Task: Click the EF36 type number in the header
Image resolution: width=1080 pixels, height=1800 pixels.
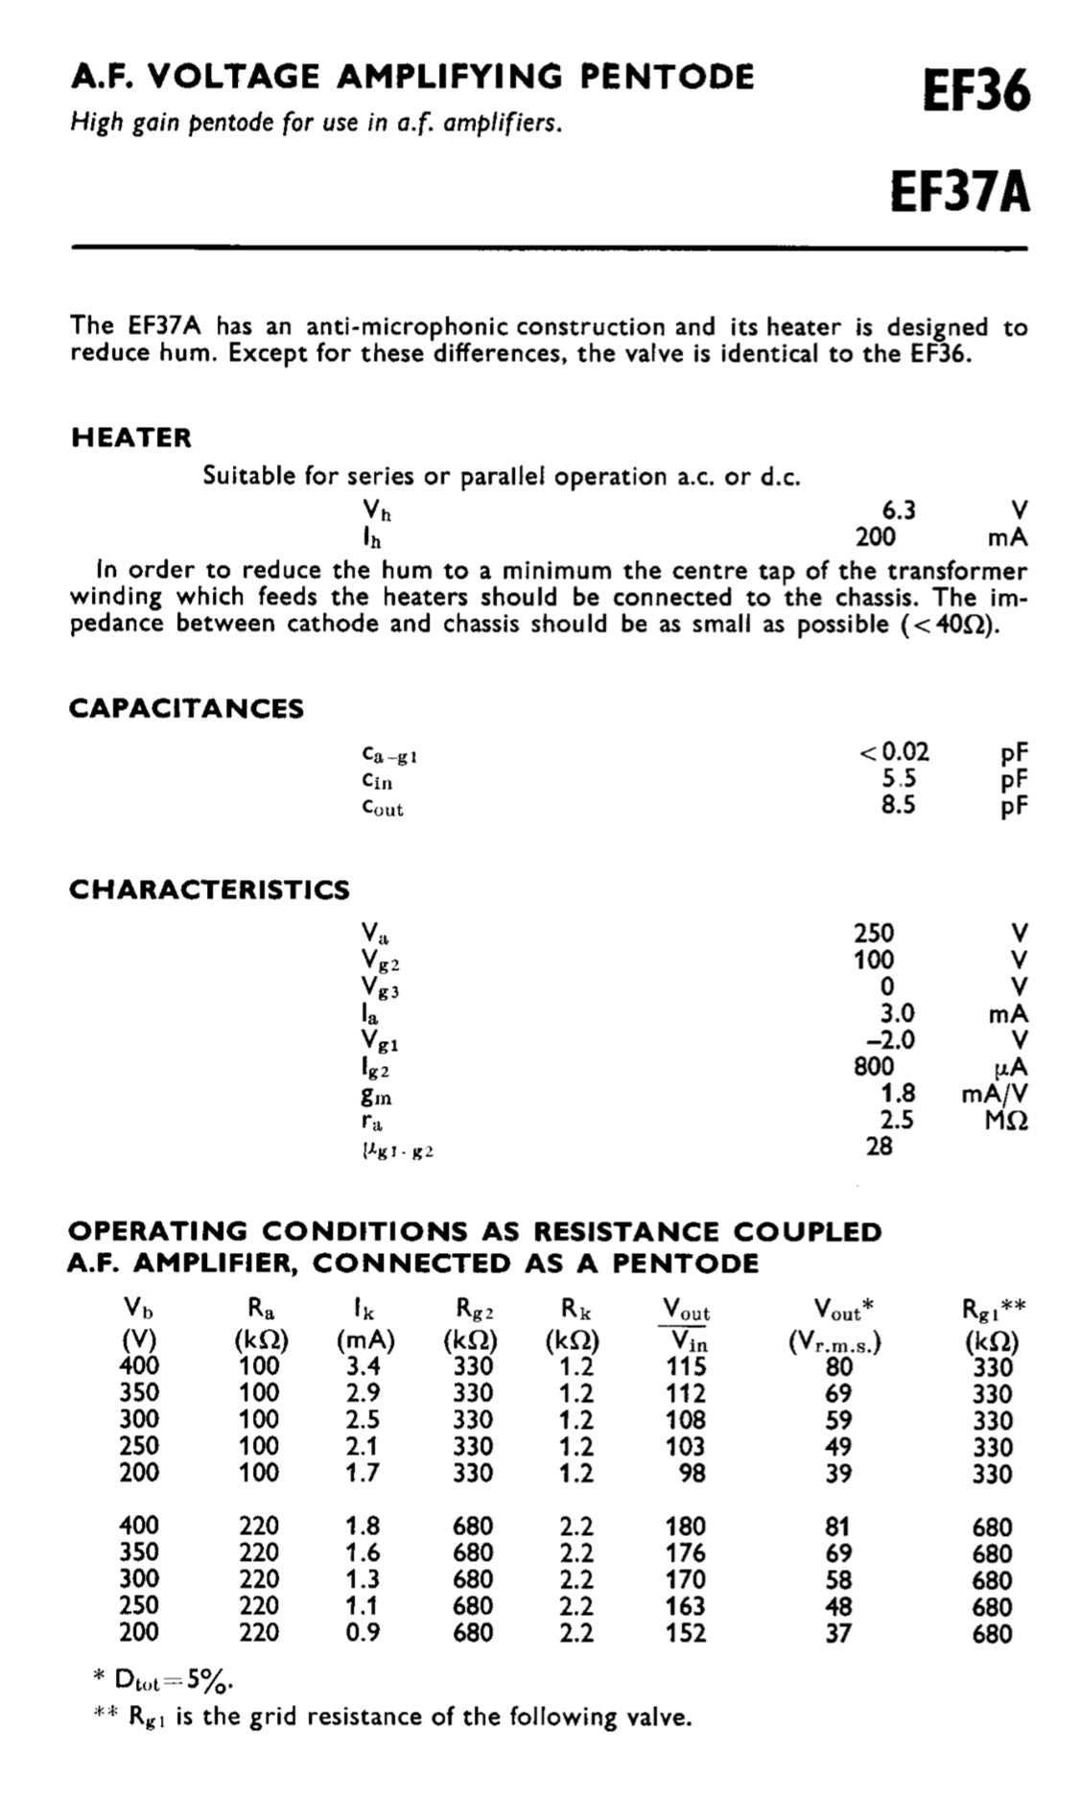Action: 976,93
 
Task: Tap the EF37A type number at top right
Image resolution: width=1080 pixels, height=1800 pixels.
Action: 960,191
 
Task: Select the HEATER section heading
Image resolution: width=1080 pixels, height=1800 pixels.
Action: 131,438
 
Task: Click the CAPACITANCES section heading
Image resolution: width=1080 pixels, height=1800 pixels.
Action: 186,708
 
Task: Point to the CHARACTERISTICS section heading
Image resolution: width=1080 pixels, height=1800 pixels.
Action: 209,889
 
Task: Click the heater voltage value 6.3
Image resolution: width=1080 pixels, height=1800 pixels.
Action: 899,509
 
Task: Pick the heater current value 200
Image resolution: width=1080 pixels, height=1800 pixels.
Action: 875,536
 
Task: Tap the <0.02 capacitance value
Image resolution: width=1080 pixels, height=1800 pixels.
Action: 894,752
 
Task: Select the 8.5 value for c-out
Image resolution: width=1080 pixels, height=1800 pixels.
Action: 899,804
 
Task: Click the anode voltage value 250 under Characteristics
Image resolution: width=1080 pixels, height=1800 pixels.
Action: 874,933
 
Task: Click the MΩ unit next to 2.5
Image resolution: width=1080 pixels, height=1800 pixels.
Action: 1006,1121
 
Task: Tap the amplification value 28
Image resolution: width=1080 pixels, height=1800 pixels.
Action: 879,1146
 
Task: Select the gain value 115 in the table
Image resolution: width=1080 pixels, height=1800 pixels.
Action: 686,1366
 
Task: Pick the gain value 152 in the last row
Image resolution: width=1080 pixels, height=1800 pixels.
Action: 686,1632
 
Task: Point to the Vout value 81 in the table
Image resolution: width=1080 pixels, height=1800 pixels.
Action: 838,1526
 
